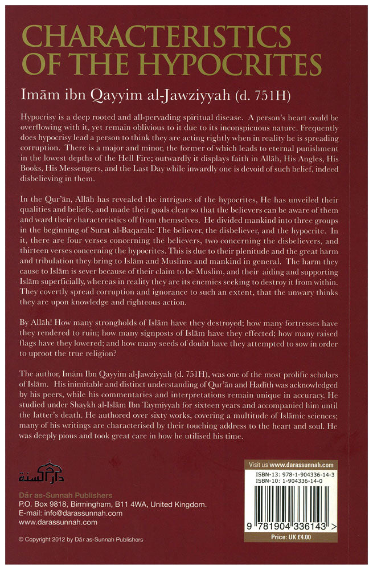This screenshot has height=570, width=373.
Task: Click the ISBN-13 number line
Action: [x=291, y=475]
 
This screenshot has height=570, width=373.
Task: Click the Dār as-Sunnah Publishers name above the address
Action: [x=65, y=495]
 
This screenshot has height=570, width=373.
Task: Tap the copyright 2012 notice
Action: [x=80, y=539]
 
